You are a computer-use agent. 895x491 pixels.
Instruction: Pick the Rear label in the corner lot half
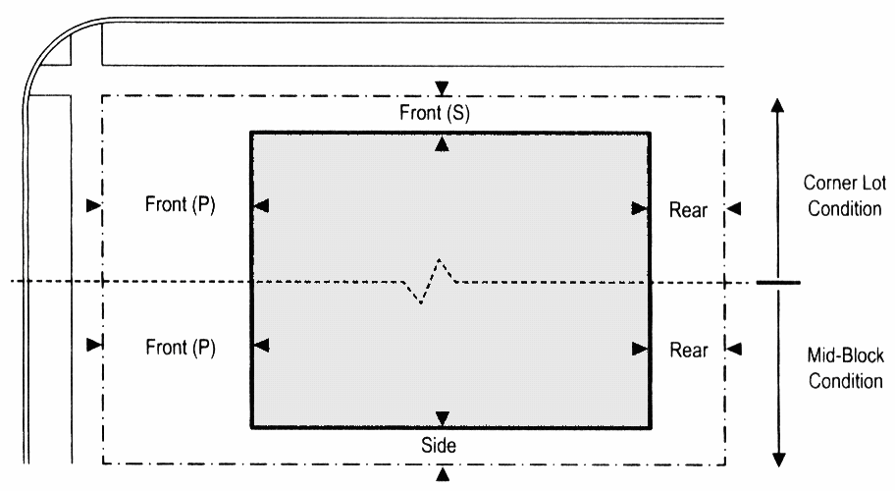click(x=688, y=208)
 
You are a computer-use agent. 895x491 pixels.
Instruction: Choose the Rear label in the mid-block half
click(x=688, y=349)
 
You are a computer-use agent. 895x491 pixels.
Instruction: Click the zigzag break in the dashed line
click(x=433, y=281)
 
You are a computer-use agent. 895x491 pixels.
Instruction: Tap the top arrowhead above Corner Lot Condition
click(x=778, y=107)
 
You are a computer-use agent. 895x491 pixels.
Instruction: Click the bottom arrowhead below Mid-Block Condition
click(x=778, y=458)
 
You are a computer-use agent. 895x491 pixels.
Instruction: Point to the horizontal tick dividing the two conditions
click(x=778, y=283)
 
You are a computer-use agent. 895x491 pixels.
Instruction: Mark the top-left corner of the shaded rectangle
click(x=251, y=132)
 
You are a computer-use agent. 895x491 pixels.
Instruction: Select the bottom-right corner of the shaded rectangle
click(x=649, y=427)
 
